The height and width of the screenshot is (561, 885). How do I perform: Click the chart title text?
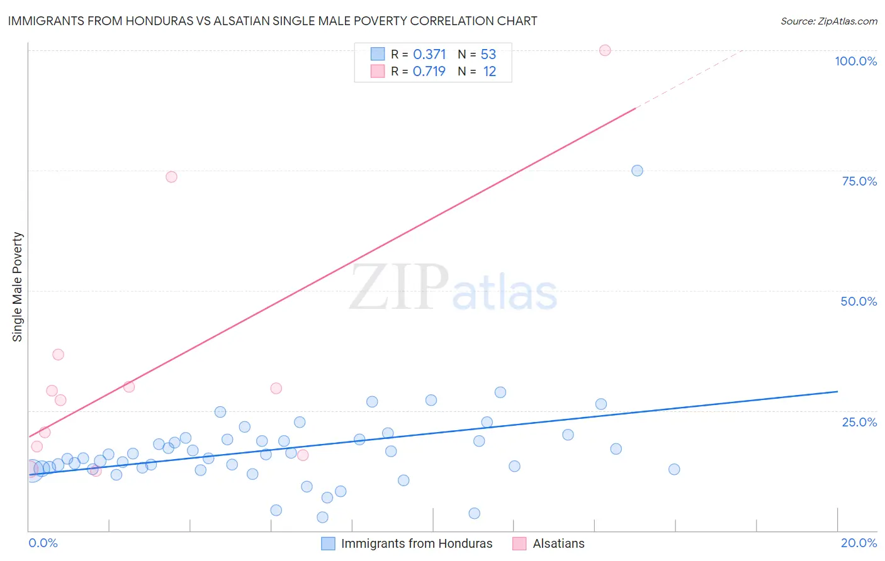273,21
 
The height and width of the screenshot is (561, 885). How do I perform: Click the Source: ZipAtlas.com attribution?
828,21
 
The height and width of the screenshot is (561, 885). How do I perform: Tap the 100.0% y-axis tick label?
855,61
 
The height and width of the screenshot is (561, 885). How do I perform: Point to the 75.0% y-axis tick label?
859,181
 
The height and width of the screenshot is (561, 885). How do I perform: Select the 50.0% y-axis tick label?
859,301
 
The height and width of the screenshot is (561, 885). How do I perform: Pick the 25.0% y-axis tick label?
859,422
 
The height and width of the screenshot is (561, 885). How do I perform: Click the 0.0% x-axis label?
43,543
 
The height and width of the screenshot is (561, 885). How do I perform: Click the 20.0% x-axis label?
859,543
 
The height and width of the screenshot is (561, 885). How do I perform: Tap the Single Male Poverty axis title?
18,287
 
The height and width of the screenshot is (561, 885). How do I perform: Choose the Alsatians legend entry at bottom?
558,543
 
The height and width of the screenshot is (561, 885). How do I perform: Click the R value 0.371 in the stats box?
429,55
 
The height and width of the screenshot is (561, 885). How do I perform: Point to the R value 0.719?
429,72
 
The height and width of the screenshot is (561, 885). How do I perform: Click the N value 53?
488,55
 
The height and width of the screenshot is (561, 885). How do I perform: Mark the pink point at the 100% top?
605,50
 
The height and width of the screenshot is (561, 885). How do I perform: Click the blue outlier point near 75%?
637,170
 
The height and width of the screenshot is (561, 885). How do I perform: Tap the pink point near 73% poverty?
171,177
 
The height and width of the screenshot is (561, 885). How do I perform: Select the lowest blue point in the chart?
322,517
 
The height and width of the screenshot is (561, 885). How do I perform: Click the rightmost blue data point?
674,469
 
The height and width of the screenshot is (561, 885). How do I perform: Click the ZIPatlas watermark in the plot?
453,288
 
